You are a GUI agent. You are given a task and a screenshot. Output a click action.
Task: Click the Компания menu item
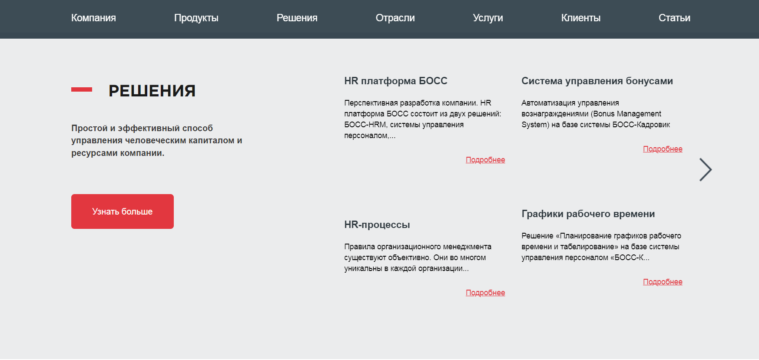pos(93,18)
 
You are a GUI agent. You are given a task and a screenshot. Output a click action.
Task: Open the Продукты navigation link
pos(196,18)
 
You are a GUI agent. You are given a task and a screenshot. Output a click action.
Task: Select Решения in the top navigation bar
pos(297,18)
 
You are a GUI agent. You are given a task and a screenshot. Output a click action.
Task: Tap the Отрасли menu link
pos(395,18)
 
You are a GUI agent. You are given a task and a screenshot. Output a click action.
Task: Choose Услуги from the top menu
pos(488,18)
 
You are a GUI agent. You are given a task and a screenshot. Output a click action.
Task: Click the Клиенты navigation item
pos(581,18)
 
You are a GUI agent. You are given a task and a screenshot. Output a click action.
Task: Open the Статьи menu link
pos(674,18)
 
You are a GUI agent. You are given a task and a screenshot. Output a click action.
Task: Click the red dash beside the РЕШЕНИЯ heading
pos(82,89)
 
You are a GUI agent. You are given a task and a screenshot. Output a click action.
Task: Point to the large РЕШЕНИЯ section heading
pos(152,91)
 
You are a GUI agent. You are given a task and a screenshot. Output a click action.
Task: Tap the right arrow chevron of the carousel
pos(706,169)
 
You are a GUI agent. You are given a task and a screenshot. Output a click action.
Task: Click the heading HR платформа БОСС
pos(396,81)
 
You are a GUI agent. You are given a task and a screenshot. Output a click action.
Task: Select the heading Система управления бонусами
pos(597,81)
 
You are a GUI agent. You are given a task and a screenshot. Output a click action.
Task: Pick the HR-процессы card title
pos(377,225)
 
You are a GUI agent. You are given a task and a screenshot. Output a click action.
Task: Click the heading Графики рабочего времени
pos(588,214)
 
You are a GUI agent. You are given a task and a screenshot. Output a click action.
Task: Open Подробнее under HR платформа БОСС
pos(485,160)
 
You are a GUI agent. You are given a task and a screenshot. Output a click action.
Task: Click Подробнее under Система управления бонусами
pos(663,149)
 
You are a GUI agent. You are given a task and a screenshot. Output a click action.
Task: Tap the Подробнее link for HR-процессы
pos(485,293)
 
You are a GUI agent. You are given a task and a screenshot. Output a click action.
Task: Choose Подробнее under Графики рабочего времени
pos(663,282)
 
